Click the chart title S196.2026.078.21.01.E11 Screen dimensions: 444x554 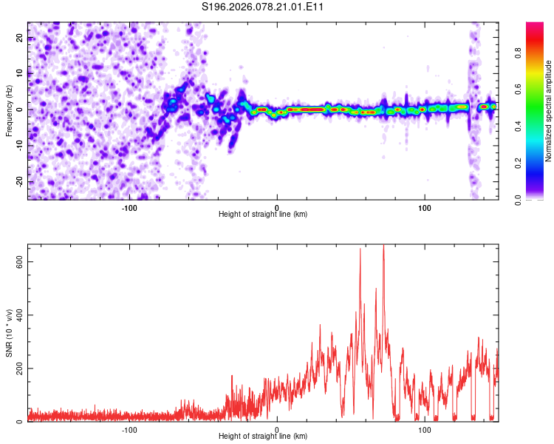[x=263, y=7]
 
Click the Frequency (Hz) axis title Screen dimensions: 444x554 [x=9, y=110]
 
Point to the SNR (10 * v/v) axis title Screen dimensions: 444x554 [x=9, y=333]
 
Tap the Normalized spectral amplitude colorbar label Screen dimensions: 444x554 [x=549, y=110]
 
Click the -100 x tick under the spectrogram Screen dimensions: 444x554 [x=129, y=208]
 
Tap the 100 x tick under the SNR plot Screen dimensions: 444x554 [x=425, y=430]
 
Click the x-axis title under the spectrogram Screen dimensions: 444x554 [x=263, y=215]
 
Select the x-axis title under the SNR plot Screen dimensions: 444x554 [x=263, y=437]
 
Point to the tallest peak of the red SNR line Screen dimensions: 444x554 [x=383, y=246]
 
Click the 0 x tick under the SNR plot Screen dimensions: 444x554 [x=277, y=430]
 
